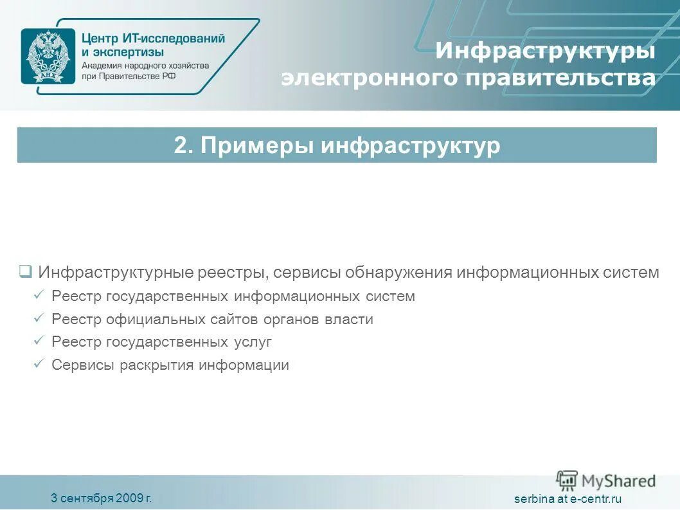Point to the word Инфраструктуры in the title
[x=545, y=51]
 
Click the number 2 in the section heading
[x=180, y=145]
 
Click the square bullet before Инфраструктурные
[x=25, y=271]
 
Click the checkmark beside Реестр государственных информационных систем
[x=39, y=296]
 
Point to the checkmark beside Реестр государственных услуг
[x=39, y=342]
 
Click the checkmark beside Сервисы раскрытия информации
[x=39, y=365]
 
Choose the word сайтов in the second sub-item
[x=238, y=319]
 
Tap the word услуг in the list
[x=253, y=342]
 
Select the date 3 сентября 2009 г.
[x=102, y=498]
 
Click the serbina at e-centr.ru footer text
[x=568, y=499]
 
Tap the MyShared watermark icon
[x=567, y=480]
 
